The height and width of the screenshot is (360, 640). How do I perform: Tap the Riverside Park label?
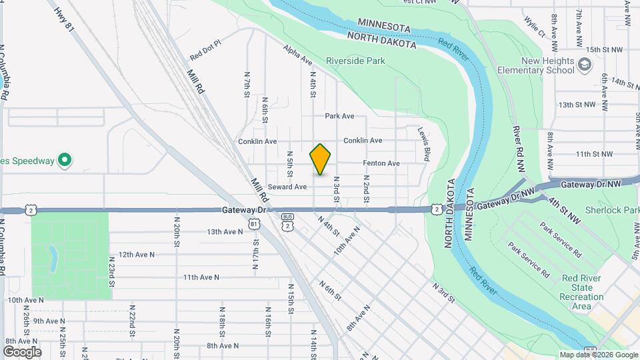[x=355, y=61]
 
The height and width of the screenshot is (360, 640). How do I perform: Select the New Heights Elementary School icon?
[x=585, y=64]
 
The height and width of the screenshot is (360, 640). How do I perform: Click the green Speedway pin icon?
[x=64, y=161]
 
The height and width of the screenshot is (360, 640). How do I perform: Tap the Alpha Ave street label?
[x=298, y=55]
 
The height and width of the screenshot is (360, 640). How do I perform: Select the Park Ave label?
[x=339, y=116]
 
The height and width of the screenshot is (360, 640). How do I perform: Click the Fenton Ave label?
[x=381, y=163]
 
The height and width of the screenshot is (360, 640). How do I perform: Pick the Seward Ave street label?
[x=287, y=187]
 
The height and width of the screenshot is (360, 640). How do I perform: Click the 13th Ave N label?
[x=225, y=232]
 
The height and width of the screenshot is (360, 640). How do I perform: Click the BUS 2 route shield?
[x=287, y=223]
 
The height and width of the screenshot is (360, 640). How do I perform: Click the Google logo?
[x=22, y=351]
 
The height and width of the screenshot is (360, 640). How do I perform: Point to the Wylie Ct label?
[x=534, y=27]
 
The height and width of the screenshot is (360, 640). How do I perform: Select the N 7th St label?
[x=247, y=85]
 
